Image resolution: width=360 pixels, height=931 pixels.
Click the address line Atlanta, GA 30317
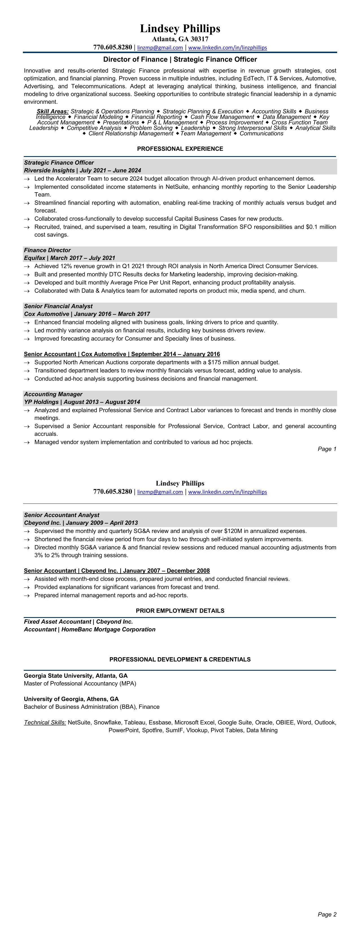[x=180, y=39]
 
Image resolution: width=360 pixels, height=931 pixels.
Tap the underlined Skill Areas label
[x=53, y=111]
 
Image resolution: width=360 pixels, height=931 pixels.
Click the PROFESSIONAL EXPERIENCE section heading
[x=180, y=148]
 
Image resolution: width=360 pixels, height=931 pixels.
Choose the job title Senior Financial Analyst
[x=58, y=306]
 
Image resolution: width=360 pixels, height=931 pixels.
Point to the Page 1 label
[x=327, y=449]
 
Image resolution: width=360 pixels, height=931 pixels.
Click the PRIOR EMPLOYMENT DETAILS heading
[x=180, y=610]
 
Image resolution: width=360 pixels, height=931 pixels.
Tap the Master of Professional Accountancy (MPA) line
[x=80, y=683]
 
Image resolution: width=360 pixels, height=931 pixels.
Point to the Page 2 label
[x=327, y=914]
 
